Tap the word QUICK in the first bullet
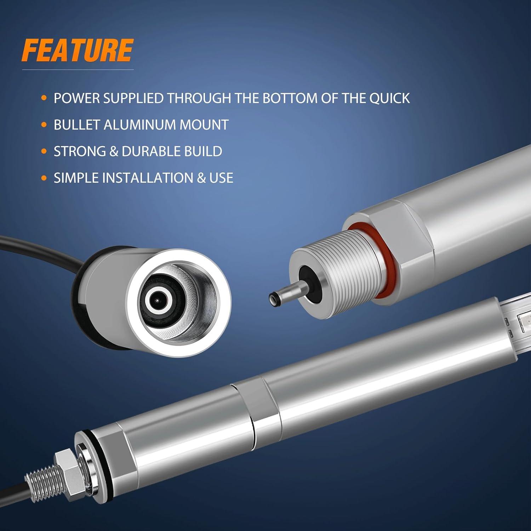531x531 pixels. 390,98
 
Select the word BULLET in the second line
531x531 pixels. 76,125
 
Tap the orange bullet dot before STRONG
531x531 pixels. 44,152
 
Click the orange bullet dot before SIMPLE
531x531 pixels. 44,178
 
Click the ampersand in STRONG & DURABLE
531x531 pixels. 114,151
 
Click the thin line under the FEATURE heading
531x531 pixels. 78,70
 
